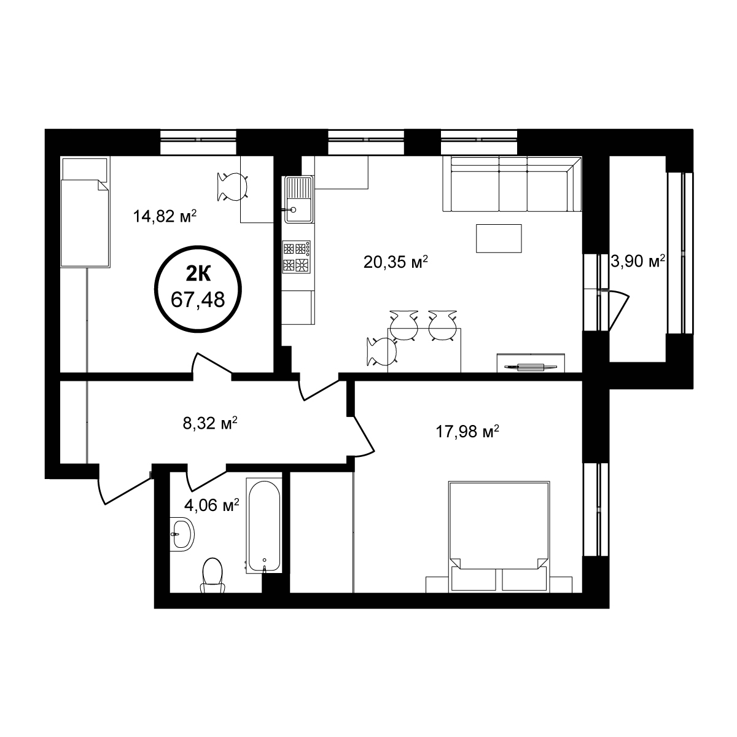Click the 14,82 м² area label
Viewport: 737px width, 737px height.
165,216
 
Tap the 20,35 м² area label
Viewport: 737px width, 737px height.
396,262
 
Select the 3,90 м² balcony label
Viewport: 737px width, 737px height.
637,262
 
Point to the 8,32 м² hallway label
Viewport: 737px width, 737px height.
210,423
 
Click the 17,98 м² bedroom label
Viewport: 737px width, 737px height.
467,432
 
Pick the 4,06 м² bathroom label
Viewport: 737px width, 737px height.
211,505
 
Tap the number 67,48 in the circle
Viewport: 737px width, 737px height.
198,300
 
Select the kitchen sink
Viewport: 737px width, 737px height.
298,199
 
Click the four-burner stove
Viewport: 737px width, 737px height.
297,257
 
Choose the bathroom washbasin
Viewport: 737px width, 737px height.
182,534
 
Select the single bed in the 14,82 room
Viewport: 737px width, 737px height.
85,212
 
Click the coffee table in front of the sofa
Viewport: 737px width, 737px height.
499,238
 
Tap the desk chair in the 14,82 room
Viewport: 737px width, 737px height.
232,187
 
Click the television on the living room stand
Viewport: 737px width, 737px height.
531,367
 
